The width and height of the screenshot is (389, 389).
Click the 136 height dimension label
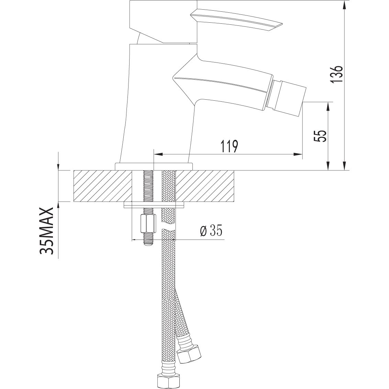click(336, 74)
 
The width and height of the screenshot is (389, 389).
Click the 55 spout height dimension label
click(320, 136)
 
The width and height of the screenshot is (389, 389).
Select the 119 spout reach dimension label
click(229, 146)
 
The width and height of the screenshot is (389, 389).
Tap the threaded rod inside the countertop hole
click(148, 186)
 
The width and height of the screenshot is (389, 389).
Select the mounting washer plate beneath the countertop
click(154, 205)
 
